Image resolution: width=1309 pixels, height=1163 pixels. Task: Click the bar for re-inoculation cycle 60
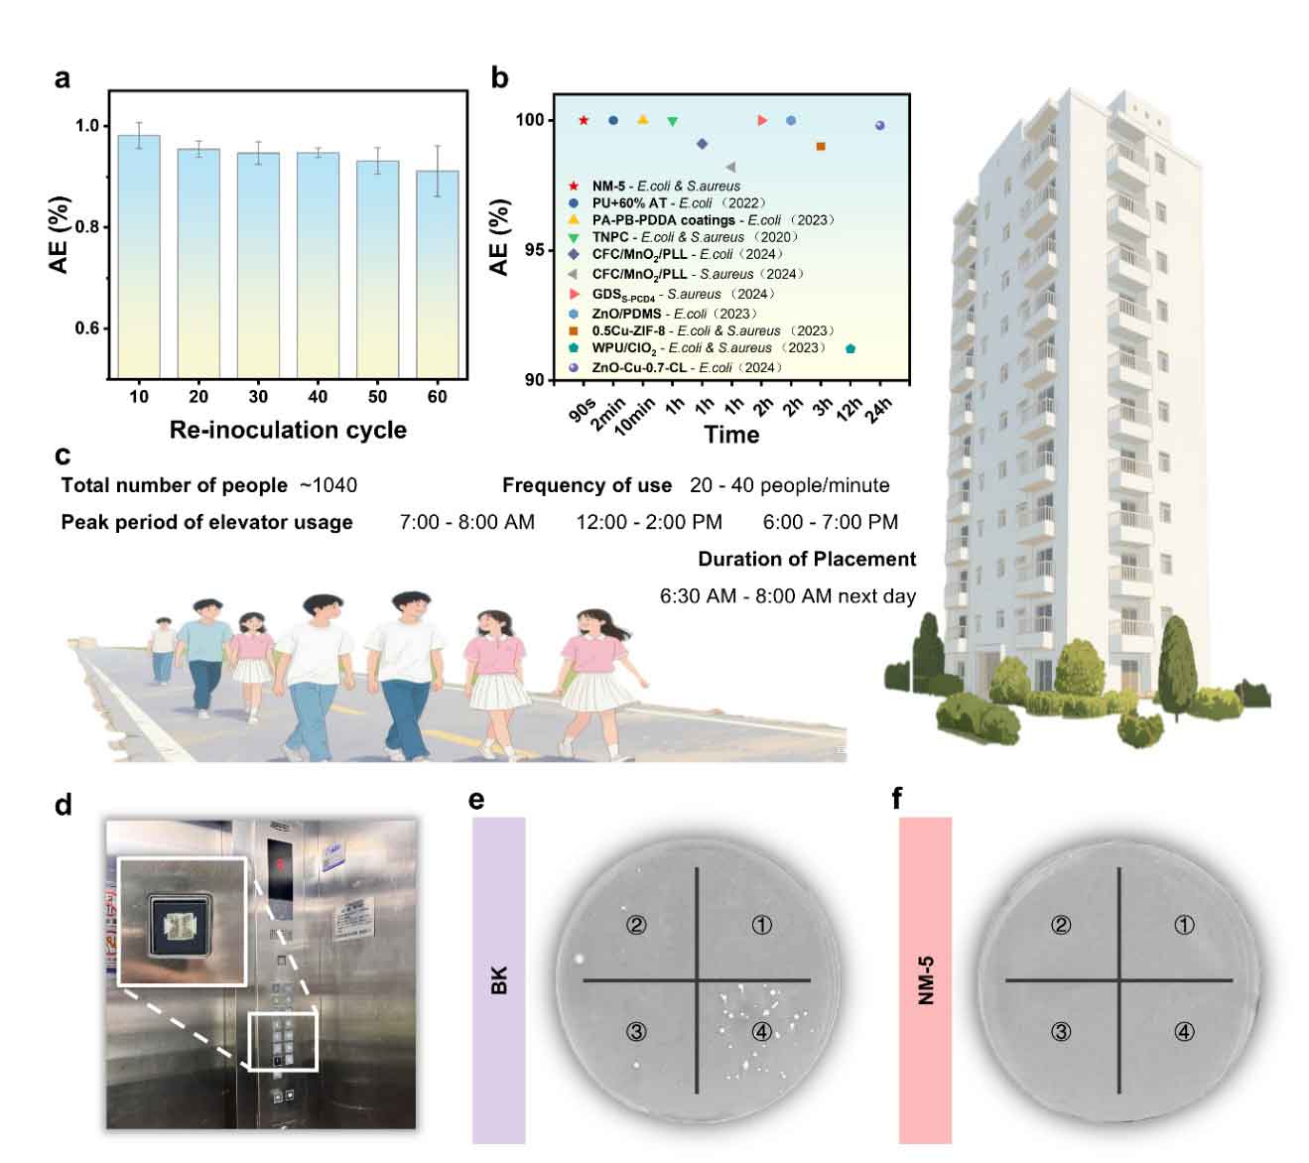438,274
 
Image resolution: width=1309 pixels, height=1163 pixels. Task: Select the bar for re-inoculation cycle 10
139,256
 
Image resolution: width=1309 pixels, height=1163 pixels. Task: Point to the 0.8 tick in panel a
88,227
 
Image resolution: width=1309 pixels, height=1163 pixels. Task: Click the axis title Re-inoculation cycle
288,430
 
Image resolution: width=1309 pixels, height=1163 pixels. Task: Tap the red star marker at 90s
584,120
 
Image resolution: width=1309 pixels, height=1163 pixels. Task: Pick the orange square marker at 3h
821,147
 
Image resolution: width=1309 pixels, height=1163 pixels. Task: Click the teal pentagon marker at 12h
851,348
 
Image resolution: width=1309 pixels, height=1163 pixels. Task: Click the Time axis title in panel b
731,435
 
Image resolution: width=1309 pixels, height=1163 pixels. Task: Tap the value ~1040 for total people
328,485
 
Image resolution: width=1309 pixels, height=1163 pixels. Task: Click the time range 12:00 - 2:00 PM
649,522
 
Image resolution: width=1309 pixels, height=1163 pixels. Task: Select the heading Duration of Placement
807,559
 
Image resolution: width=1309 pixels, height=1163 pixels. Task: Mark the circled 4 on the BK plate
761,1032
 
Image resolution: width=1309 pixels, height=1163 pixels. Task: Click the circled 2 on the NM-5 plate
1061,925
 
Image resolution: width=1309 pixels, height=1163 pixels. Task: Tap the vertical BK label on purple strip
498,980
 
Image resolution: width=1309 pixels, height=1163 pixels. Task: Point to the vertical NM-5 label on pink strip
925,980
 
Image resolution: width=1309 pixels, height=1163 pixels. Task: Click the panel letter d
64,804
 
